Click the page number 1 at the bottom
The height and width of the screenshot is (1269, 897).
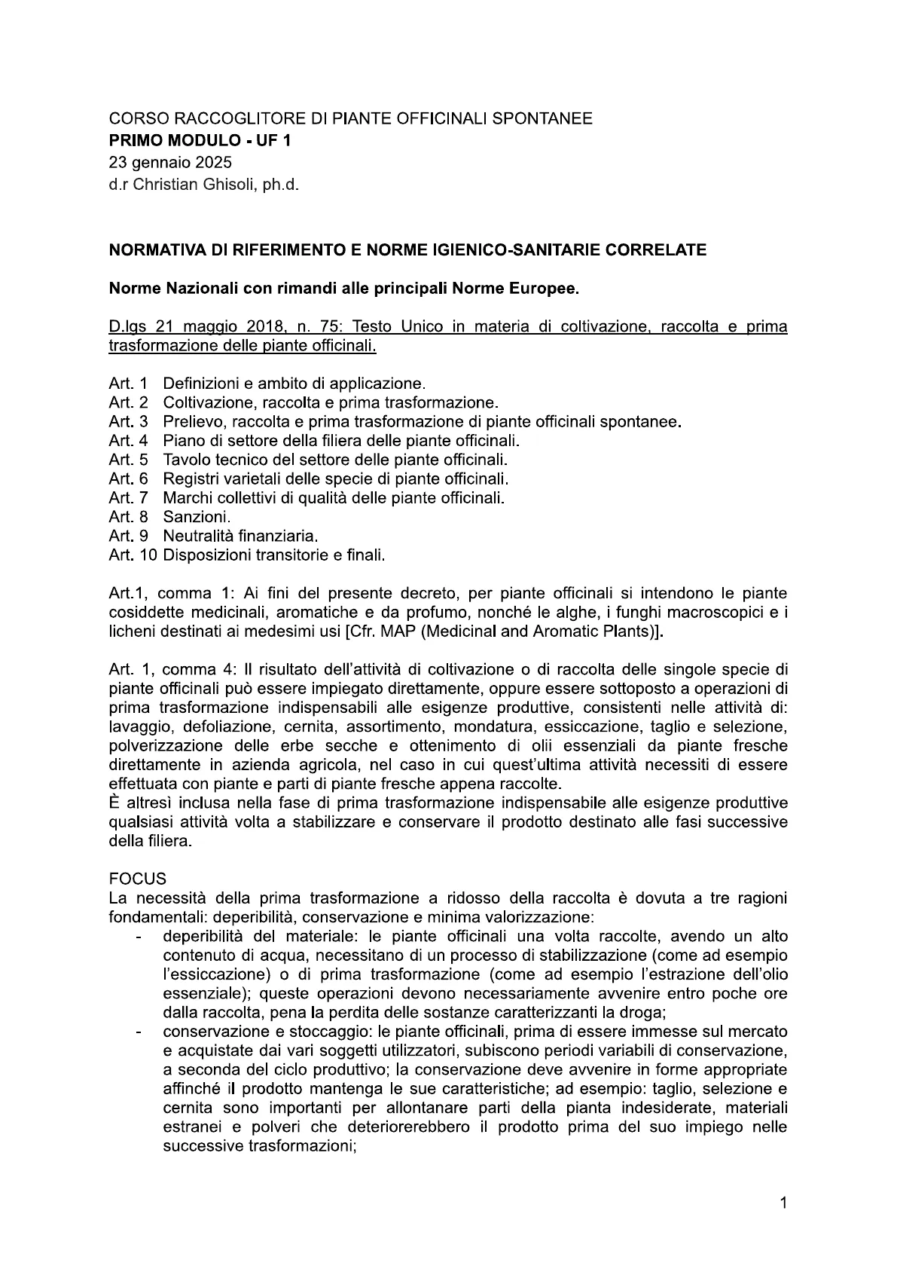point(783,1203)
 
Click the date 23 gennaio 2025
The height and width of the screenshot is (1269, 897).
point(170,162)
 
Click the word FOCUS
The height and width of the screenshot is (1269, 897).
point(137,879)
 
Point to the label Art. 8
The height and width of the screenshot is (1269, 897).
point(128,517)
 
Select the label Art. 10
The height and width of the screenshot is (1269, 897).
point(133,555)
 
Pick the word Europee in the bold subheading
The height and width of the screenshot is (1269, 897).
point(551,289)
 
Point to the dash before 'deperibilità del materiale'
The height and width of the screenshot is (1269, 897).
point(138,937)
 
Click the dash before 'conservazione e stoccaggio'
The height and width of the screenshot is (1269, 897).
point(138,1032)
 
